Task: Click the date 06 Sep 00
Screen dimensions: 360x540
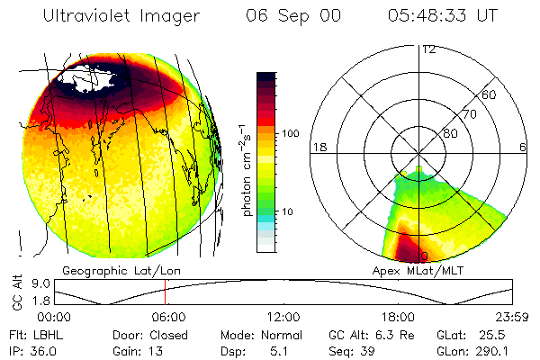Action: (281, 16)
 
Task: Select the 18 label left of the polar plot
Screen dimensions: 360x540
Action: (319, 146)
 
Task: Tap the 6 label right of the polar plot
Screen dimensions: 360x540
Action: (523, 146)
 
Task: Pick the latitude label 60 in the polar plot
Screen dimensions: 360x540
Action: (490, 94)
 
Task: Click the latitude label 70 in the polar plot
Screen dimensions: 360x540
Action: (470, 114)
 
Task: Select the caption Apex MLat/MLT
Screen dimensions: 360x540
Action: (415, 269)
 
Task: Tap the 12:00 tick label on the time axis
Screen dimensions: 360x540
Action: (283, 317)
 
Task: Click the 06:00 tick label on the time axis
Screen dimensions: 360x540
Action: (168, 317)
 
